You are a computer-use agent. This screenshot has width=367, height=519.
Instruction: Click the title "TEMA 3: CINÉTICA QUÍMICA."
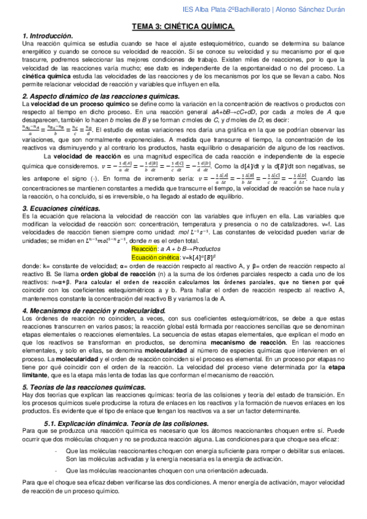(x=183, y=27)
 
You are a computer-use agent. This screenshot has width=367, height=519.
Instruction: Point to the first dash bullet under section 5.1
(x=56, y=451)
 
